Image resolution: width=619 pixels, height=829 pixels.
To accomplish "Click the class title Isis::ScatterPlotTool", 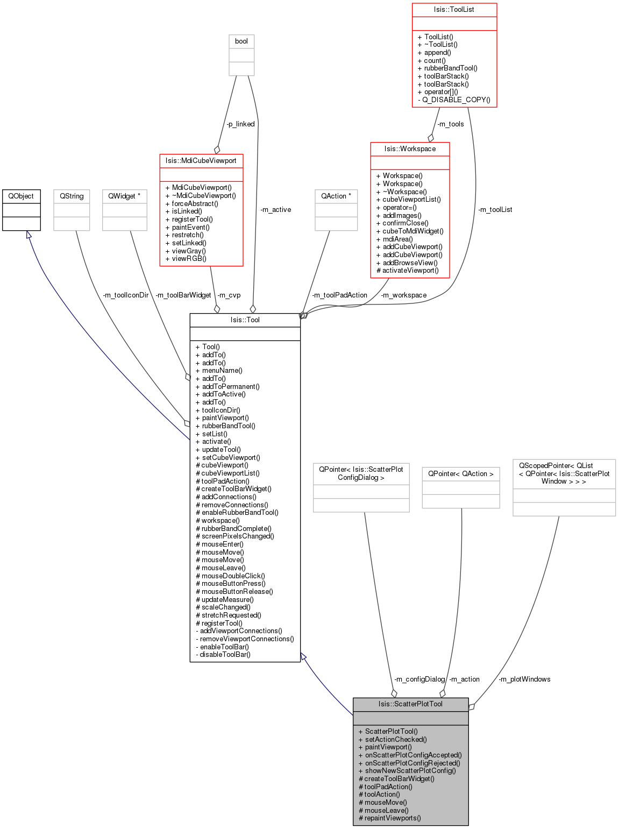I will (410, 704).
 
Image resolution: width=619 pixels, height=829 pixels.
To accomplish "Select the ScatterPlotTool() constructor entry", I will (391, 732).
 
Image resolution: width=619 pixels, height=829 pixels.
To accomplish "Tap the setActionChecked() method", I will (395, 740).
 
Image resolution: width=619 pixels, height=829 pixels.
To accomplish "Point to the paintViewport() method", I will (388, 747).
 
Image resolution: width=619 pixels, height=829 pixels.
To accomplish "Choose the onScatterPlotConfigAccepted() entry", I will (413, 755).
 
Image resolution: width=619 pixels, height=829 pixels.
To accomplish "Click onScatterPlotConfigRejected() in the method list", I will (412, 763).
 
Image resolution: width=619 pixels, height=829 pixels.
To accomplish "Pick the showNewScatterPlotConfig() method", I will (410, 771).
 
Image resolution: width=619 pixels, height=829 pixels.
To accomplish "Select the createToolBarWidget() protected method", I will (399, 779).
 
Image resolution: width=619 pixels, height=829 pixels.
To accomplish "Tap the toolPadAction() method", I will (388, 787).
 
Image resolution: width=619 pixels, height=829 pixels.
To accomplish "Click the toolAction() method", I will (382, 795).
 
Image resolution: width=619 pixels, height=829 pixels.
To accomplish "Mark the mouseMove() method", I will (386, 803).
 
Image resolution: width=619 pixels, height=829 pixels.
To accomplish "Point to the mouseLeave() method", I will (386, 810).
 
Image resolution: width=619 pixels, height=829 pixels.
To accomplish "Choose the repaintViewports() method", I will (393, 818).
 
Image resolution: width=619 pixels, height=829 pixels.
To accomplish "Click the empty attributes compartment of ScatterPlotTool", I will (410, 718).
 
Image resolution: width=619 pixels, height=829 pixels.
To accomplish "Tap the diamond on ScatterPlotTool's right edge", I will (471, 706).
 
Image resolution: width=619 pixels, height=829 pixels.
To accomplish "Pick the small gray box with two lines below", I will (241, 55).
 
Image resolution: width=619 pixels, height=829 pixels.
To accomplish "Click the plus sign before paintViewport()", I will (361, 747).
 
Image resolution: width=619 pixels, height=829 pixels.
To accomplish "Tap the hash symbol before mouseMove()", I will (361, 803).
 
